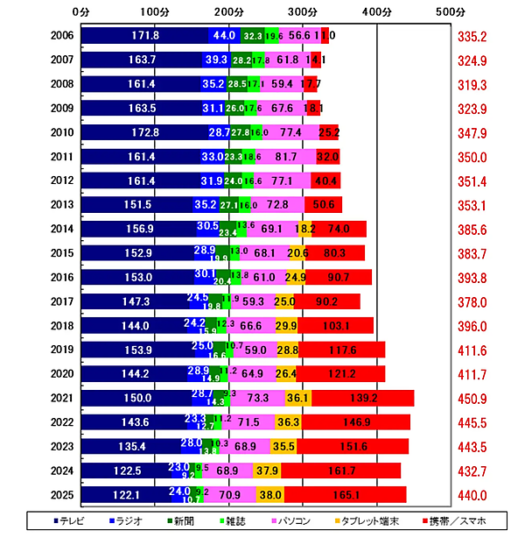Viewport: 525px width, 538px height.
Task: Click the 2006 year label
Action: coord(61,36)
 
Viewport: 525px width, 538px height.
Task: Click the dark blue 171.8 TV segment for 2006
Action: coord(144,36)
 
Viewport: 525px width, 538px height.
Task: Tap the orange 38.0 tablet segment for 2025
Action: coord(269,495)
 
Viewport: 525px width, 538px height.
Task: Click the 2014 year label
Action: coord(61,230)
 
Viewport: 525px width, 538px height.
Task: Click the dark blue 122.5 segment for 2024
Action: coord(126,471)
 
